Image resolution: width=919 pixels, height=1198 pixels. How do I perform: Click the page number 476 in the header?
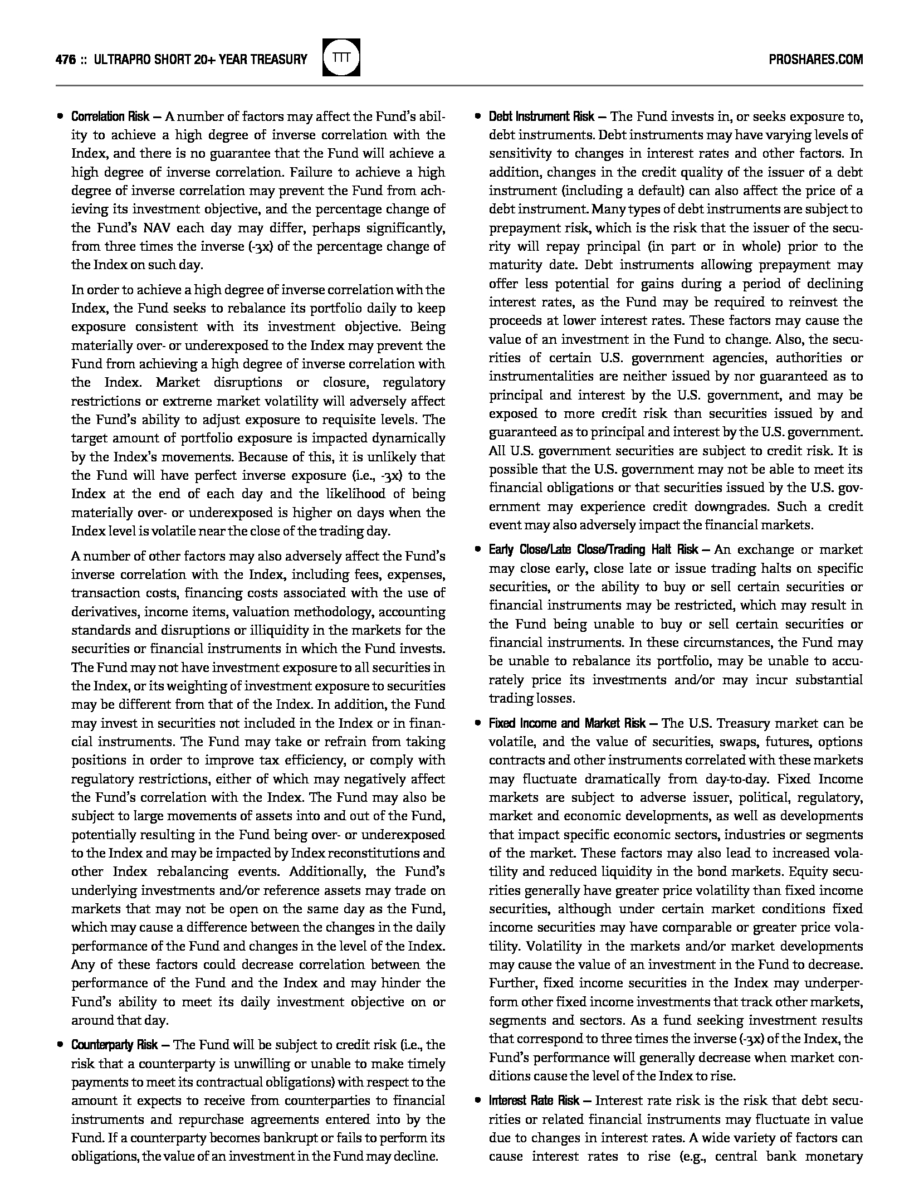[66, 59]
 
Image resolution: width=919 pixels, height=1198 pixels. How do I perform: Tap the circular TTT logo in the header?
[341, 57]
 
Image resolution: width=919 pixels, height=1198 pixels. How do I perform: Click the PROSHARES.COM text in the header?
[815, 59]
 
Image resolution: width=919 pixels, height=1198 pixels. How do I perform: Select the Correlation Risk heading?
[110, 116]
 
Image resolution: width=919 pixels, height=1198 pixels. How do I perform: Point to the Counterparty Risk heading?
[114, 1045]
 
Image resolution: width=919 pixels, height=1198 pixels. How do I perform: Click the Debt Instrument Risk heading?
[541, 116]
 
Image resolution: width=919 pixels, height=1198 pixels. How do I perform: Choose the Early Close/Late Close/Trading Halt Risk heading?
[593, 549]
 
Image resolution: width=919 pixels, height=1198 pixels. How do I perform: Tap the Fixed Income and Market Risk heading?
[567, 723]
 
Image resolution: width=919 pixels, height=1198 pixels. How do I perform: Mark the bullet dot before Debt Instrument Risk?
[477, 116]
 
